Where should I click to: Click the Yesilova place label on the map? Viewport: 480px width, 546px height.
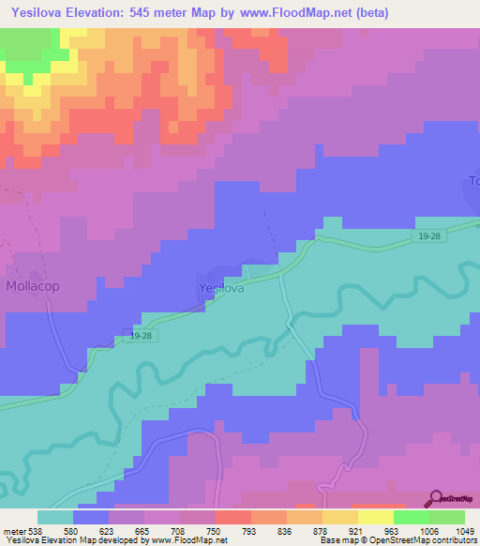(x=221, y=288)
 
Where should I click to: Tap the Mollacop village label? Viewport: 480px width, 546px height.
(x=34, y=285)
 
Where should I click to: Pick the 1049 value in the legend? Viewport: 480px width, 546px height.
(x=454, y=531)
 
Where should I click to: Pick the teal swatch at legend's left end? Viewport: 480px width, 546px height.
(x=55, y=517)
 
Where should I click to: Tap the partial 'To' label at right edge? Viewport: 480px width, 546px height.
(x=473, y=181)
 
